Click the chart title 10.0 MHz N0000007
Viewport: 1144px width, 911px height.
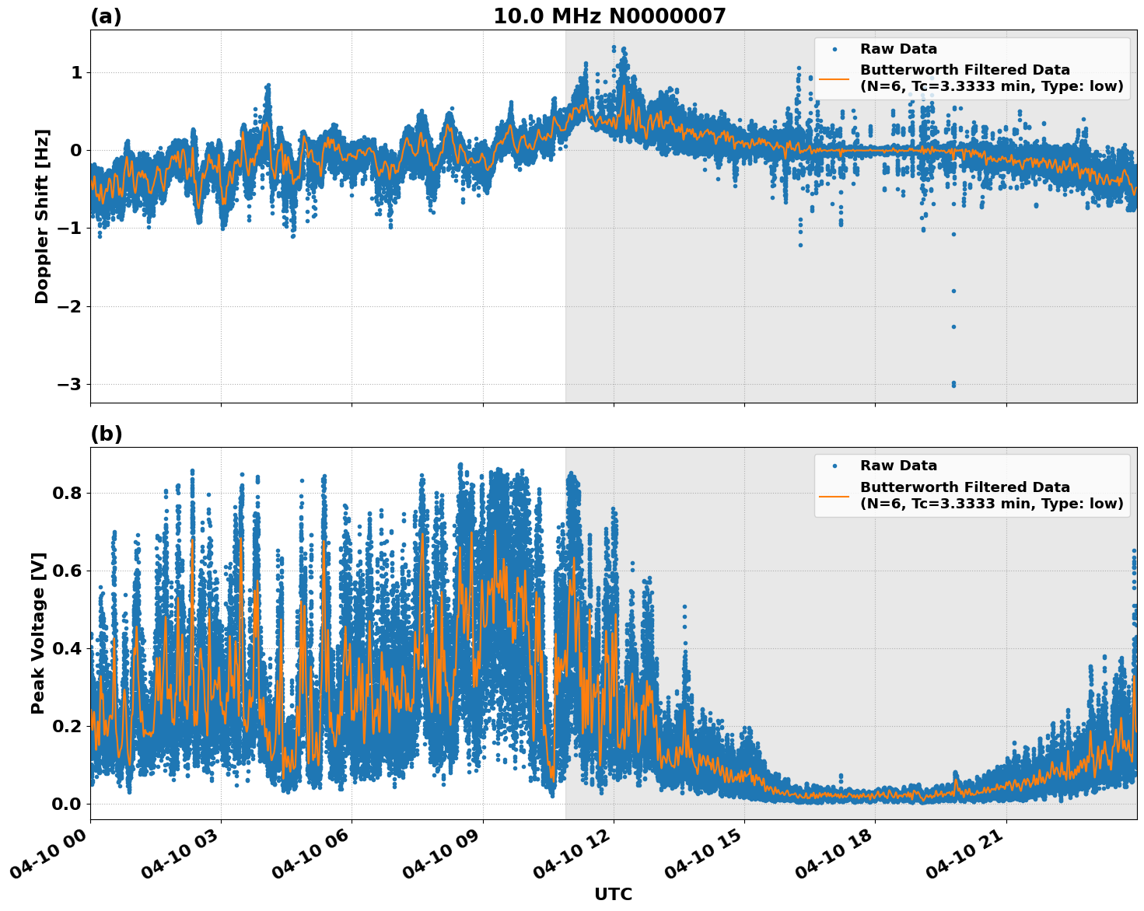coord(609,16)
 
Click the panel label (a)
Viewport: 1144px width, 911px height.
coord(106,16)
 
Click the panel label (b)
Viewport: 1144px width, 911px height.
coord(106,434)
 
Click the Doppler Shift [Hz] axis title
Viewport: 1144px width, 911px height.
coord(42,216)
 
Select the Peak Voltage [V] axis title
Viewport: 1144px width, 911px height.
coord(38,633)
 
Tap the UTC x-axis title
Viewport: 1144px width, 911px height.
coord(613,894)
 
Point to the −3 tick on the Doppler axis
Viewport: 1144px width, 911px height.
coord(68,385)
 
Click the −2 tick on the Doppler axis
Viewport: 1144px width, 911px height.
coord(68,306)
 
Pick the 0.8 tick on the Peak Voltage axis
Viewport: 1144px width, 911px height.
coord(67,493)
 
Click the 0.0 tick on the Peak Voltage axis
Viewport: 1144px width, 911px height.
coord(67,804)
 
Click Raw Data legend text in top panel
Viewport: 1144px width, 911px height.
coord(898,49)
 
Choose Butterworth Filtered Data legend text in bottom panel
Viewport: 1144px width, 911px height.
coord(964,487)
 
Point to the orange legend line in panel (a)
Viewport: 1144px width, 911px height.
coord(834,79)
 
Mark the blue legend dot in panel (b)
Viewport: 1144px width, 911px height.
coord(834,466)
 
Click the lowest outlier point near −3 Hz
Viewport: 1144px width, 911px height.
coord(953,384)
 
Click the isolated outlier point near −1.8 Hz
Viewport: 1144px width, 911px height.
coord(953,291)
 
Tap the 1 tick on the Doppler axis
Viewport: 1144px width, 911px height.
coord(76,72)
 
